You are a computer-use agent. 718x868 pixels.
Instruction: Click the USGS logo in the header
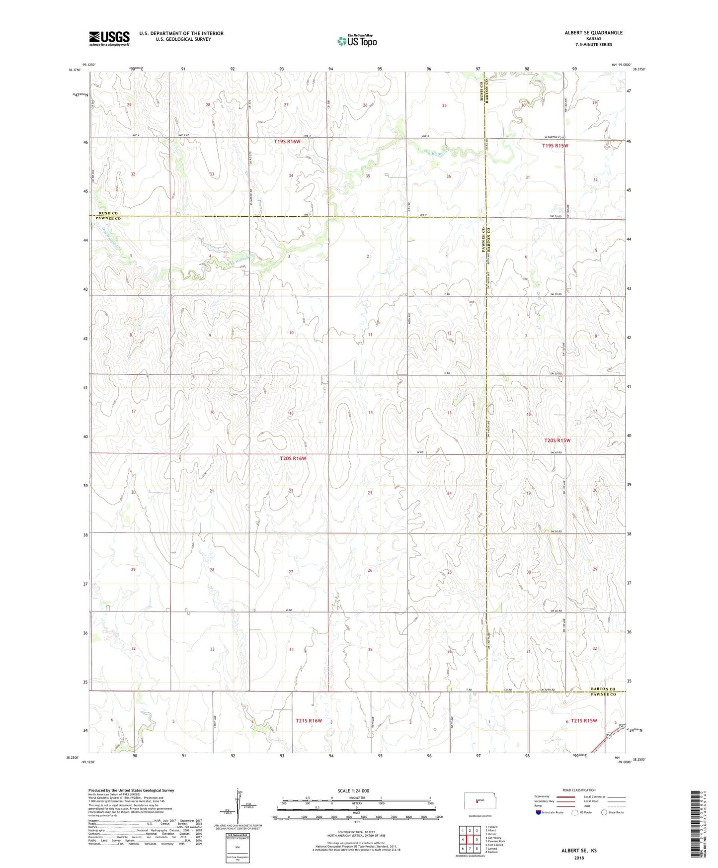(109, 38)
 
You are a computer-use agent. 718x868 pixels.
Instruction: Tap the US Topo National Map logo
(356, 40)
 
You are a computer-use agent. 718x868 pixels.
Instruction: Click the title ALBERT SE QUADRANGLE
(593, 33)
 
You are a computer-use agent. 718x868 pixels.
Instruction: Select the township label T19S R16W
(287, 142)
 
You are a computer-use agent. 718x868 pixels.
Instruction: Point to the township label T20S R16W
(293, 459)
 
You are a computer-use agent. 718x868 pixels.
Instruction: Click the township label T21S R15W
(583, 721)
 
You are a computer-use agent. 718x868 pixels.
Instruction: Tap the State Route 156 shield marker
(609, 735)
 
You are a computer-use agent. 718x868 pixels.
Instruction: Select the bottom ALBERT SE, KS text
(579, 851)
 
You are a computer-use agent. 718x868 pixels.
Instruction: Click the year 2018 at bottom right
(579, 858)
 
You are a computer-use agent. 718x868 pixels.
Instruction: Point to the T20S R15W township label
(557, 440)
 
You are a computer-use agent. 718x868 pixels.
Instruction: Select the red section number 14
(370, 413)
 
